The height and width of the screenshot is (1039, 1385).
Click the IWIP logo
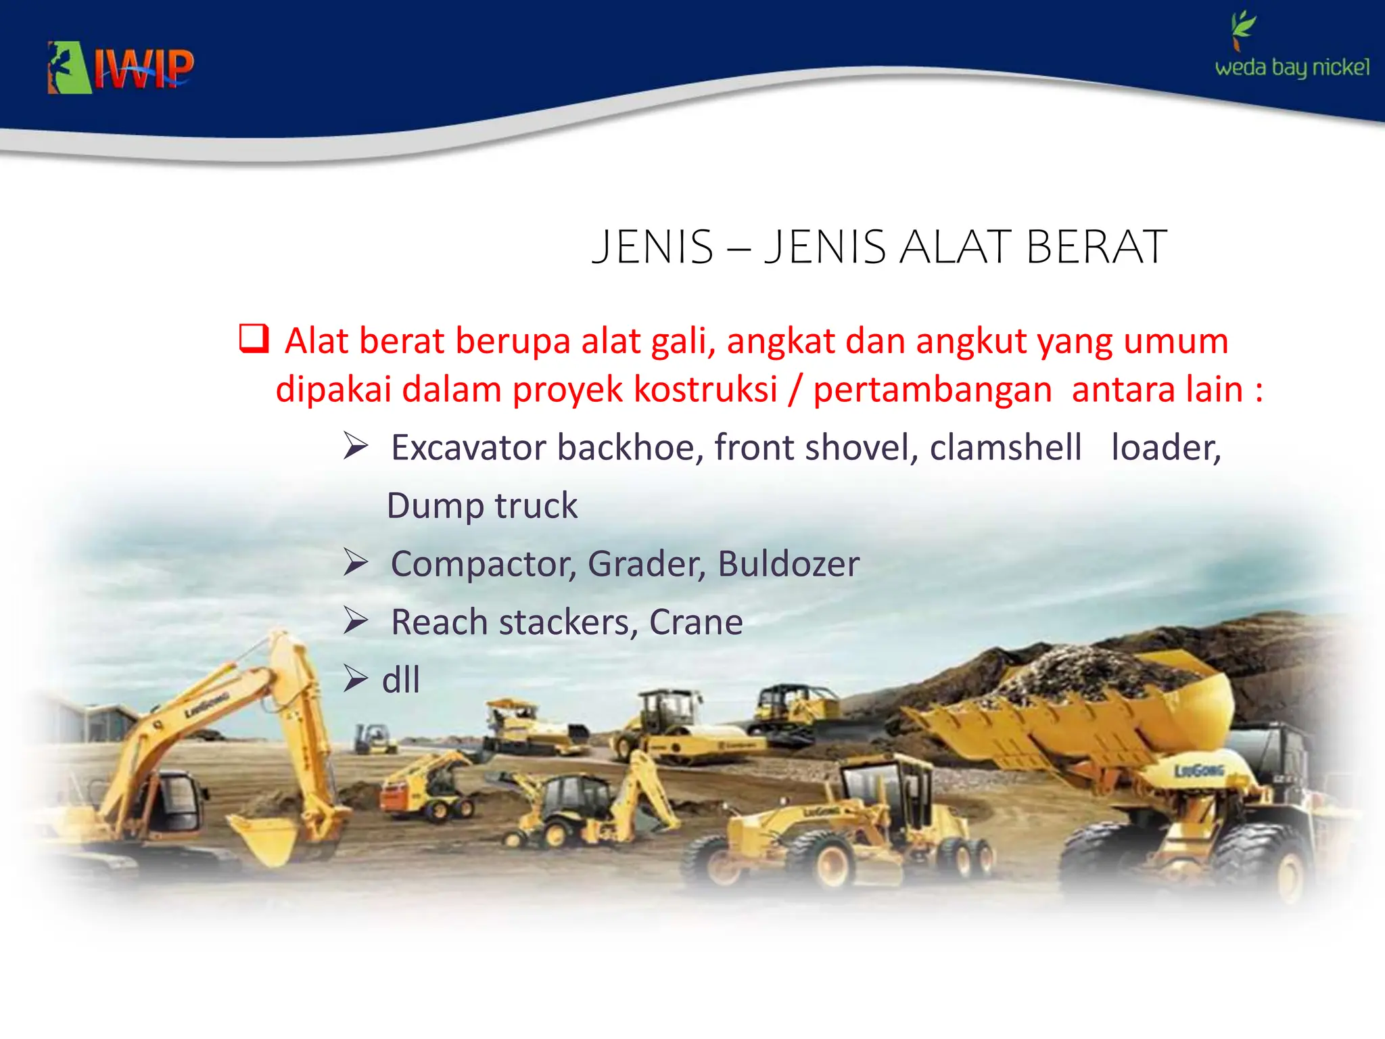click(x=120, y=68)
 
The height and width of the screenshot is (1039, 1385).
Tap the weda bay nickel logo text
click(x=1292, y=68)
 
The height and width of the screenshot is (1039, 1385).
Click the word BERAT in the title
click(x=1096, y=247)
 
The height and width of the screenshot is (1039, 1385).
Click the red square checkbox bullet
click(x=254, y=338)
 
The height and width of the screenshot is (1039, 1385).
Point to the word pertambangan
click(x=932, y=390)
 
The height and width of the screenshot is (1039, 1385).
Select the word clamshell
click(x=1005, y=448)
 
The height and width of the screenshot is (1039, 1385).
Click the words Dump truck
click(x=482, y=506)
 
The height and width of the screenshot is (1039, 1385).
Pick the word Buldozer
click(x=789, y=564)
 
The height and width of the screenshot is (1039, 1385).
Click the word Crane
click(x=696, y=622)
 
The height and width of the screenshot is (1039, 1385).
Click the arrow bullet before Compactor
click(x=355, y=562)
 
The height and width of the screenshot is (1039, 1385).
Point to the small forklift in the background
click(x=373, y=739)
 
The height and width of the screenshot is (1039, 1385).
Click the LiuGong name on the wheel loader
click(x=1198, y=770)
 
